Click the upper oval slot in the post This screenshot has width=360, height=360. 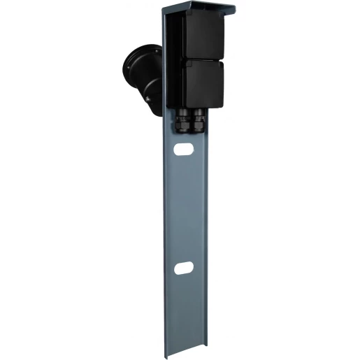click(183, 149)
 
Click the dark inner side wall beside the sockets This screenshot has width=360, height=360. click(172, 63)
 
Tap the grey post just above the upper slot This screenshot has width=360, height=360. click(183, 136)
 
